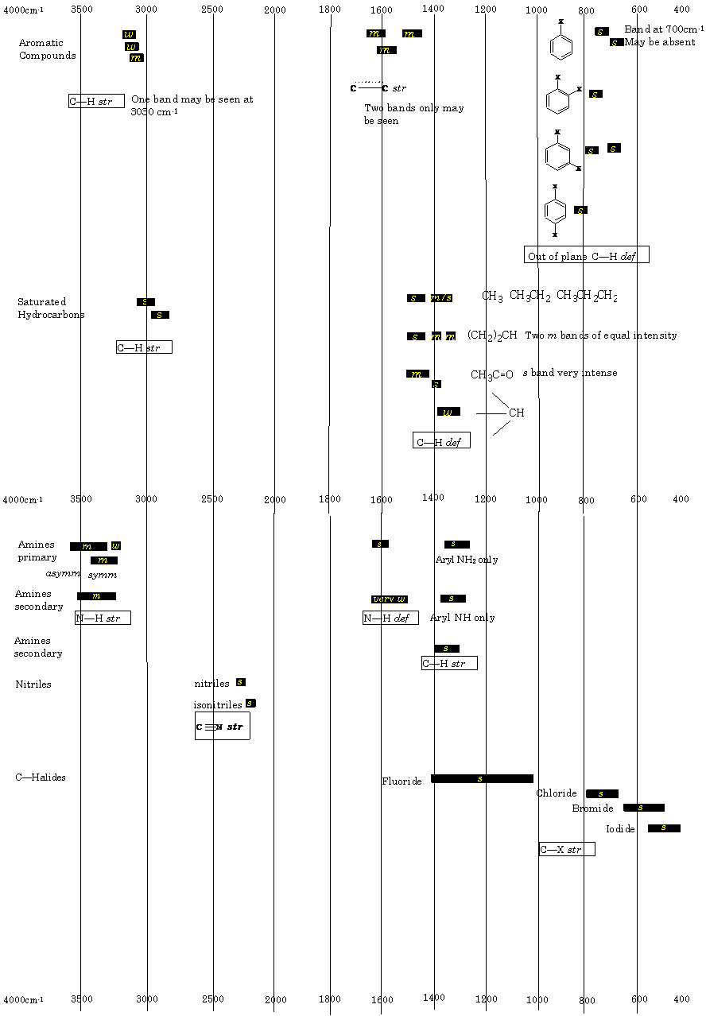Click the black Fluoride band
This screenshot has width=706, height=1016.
(482, 778)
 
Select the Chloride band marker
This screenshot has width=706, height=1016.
(602, 793)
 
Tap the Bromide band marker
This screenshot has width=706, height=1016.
(643, 808)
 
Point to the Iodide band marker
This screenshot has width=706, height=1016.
(664, 828)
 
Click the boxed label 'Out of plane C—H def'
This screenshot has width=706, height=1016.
(587, 255)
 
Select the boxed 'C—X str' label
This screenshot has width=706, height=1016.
(567, 849)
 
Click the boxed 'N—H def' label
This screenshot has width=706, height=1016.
(390, 618)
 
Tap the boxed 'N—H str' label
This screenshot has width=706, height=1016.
(103, 618)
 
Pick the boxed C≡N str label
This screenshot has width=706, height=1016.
(222, 726)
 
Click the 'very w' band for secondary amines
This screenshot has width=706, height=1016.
(390, 599)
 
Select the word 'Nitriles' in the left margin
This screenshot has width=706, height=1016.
(33, 684)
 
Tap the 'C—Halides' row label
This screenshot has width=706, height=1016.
(41, 778)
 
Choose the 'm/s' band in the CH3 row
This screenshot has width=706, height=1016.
(441, 298)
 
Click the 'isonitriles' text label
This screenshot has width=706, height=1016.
(218, 705)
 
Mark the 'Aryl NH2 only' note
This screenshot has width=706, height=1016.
(467, 560)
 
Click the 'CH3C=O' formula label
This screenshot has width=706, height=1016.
(492, 374)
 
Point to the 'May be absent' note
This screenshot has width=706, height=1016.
(660, 42)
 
